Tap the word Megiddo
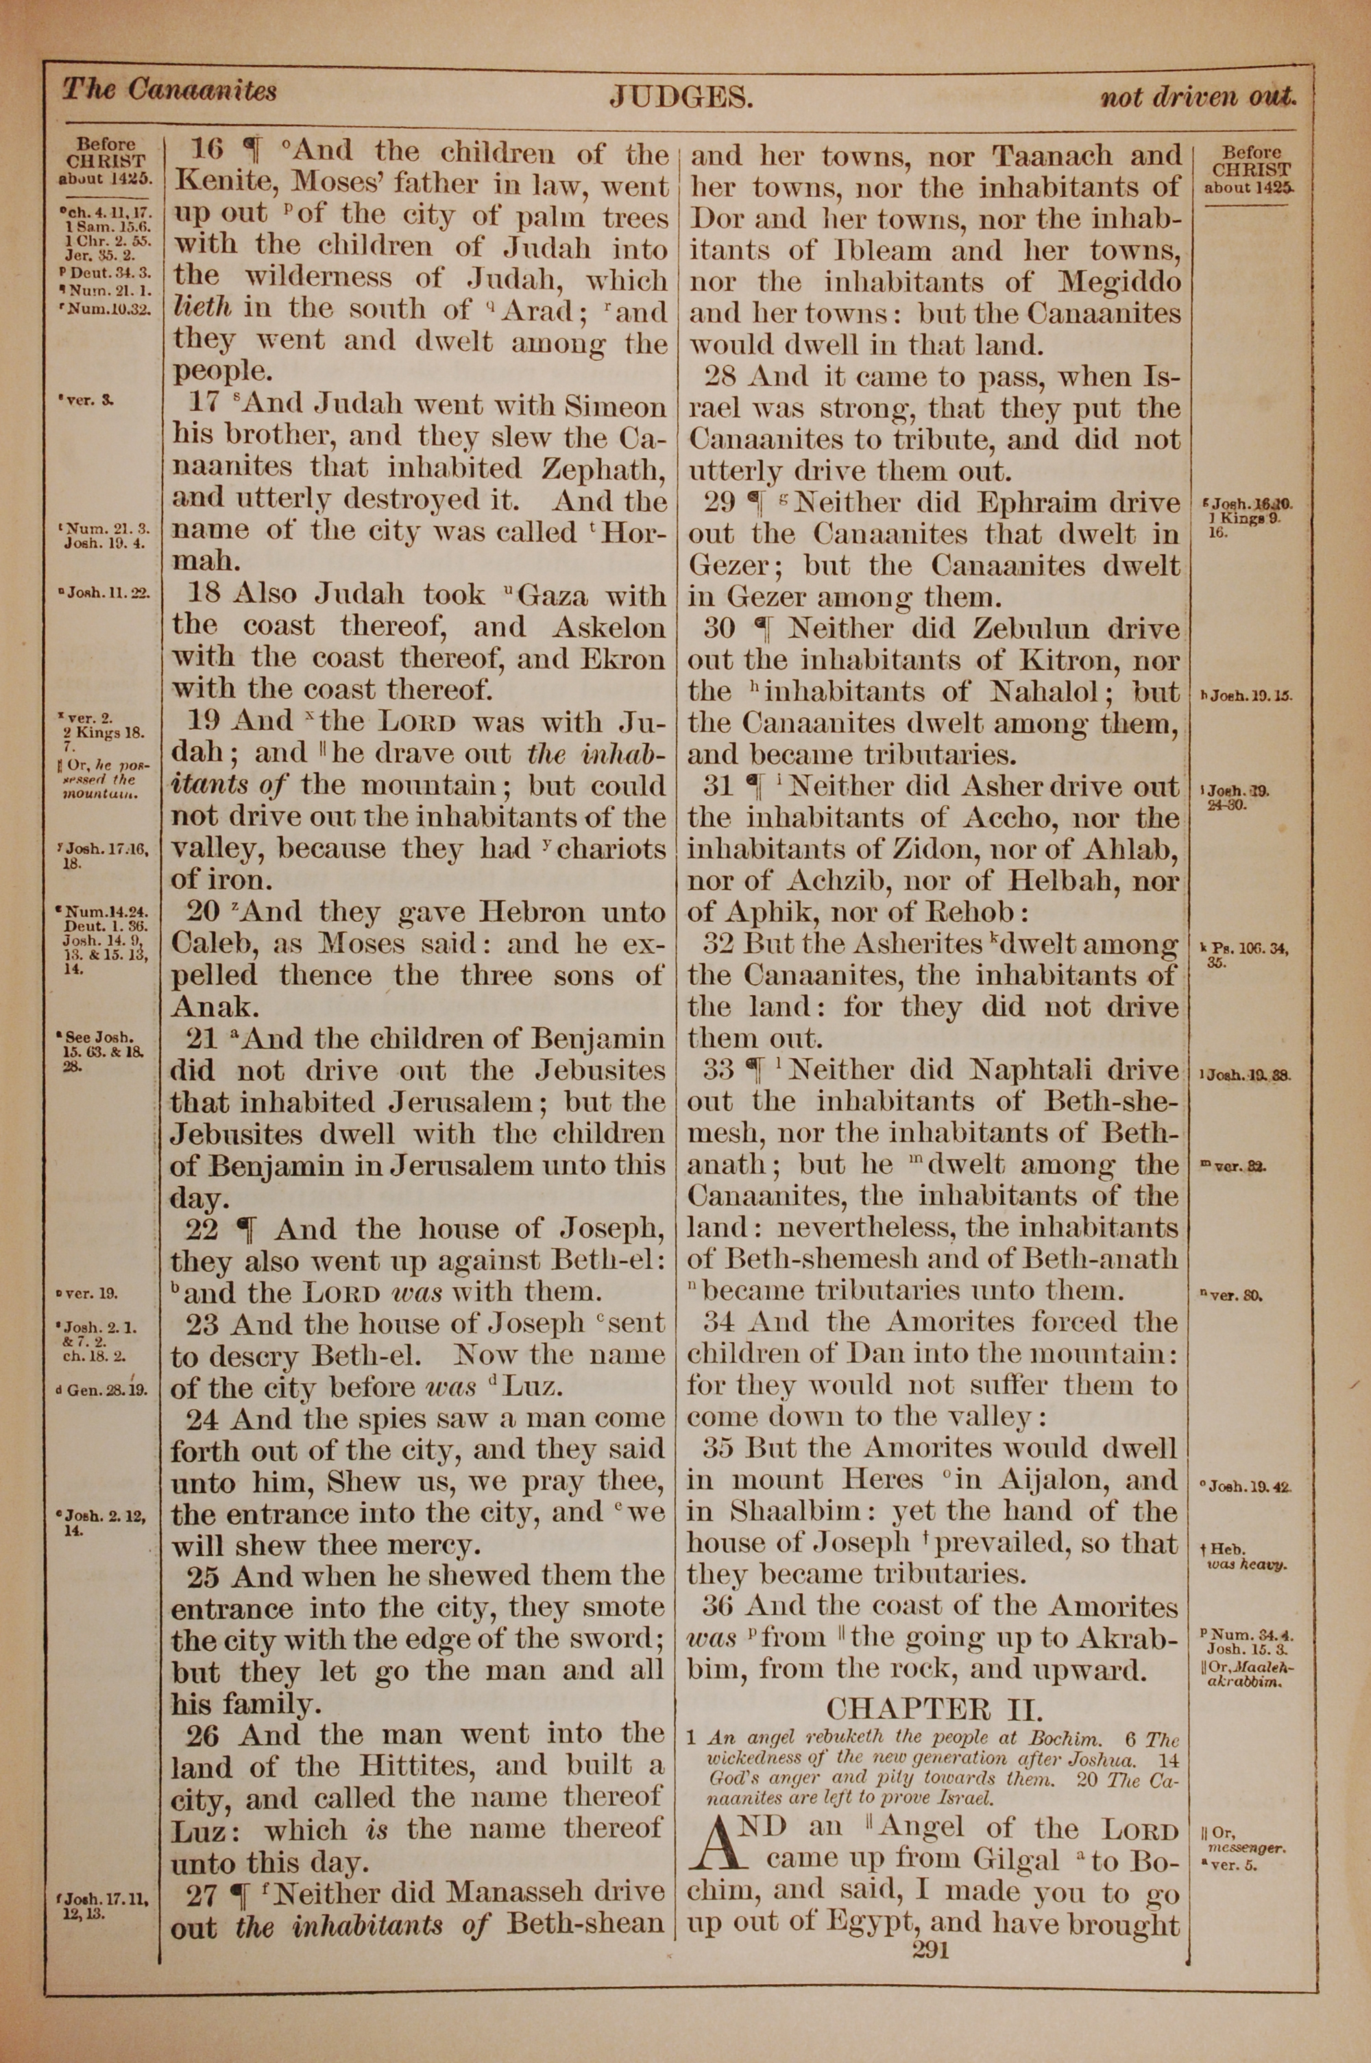point(1119,283)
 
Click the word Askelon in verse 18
point(607,627)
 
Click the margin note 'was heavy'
point(1246,1564)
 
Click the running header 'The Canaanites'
point(169,90)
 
